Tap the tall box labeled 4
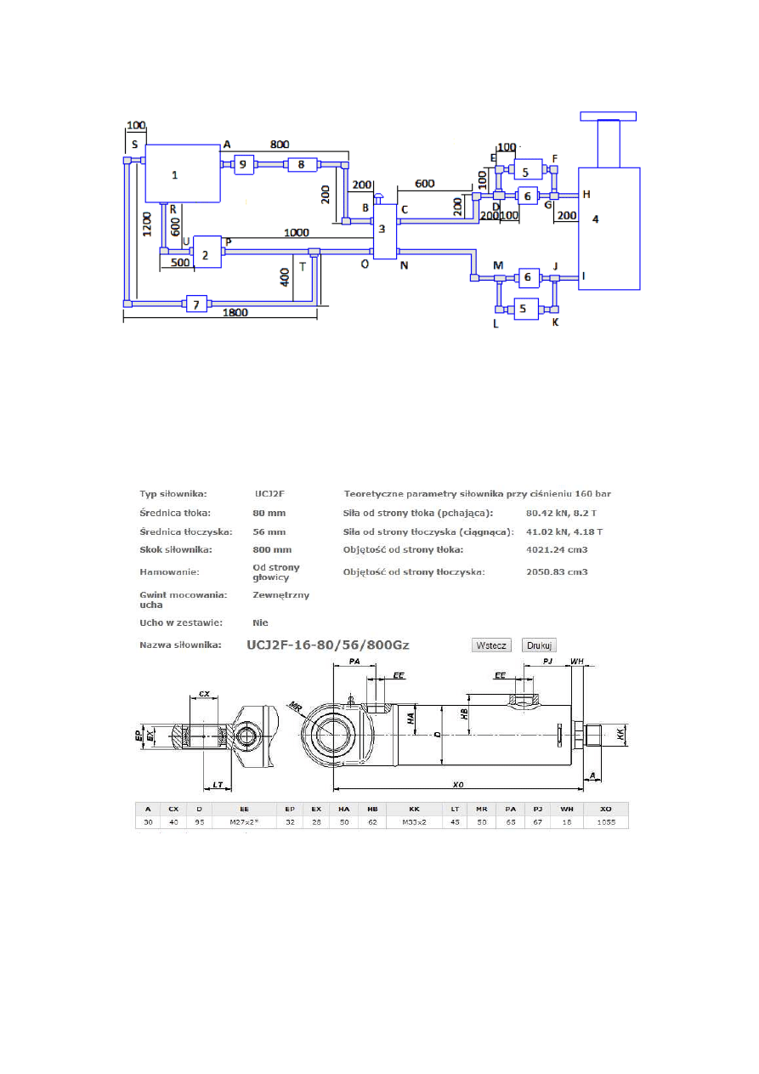coord(609,228)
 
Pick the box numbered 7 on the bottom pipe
coord(196,304)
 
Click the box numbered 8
coord(301,165)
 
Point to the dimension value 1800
coord(235,313)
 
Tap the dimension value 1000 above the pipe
coord(297,232)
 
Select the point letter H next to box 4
coord(586,195)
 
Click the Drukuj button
coord(539,645)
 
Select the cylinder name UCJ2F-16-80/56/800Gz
coord(327,645)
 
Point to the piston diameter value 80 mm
coord(269,513)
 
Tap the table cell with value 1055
coord(605,822)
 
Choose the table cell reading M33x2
coord(414,822)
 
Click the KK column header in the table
coord(414,808)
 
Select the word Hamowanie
coord(169,572)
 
